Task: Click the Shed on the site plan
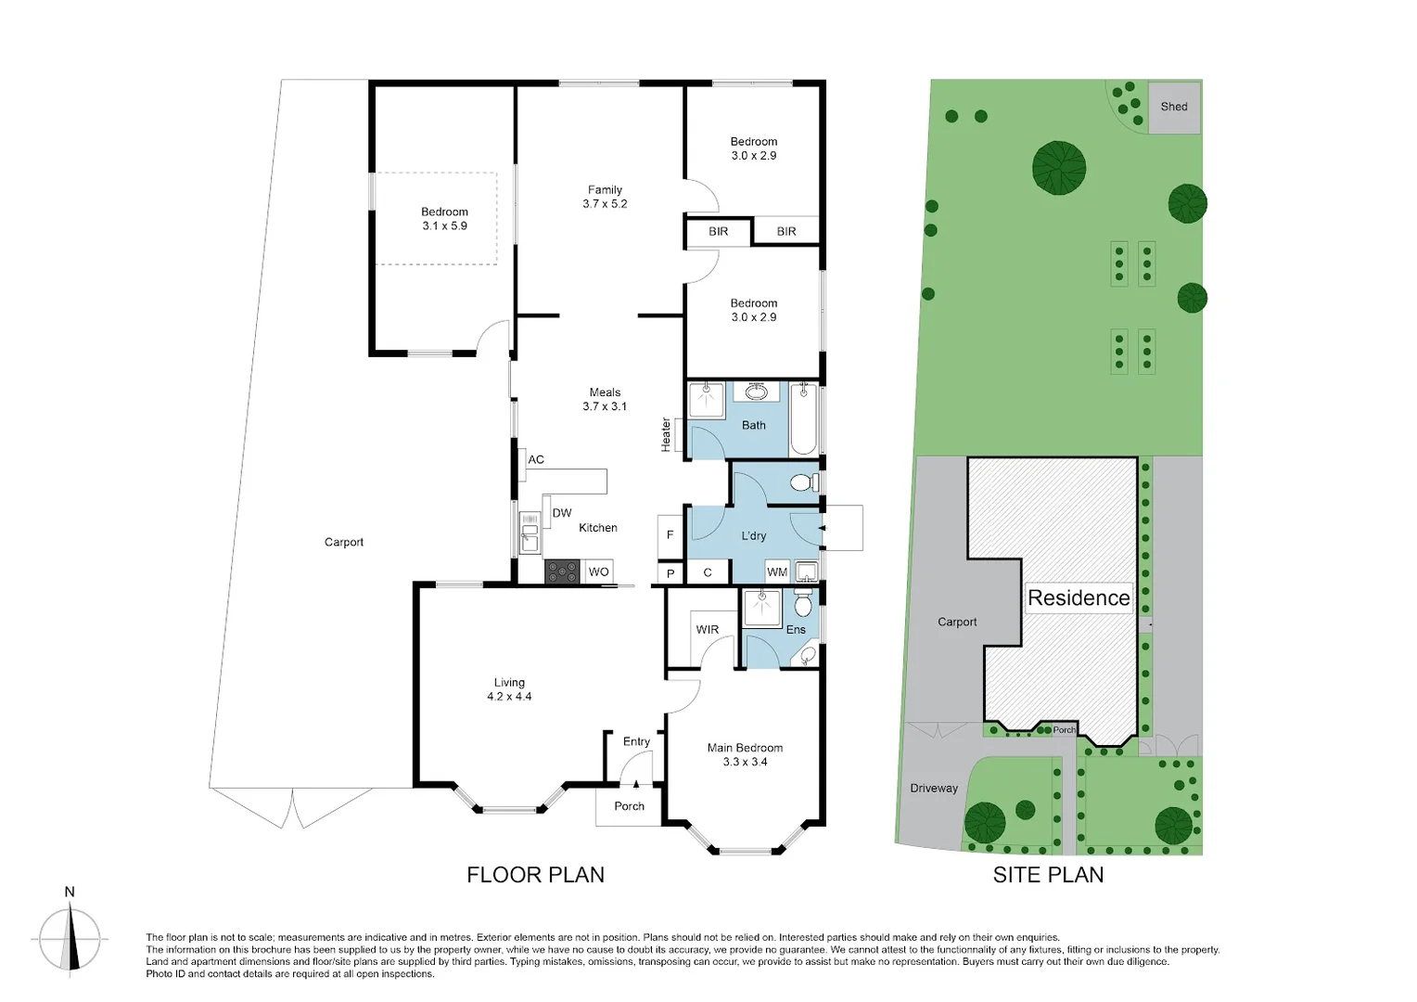pyautogui.click(x=1174, y=107)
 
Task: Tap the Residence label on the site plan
pyautogui.click(x=1079, y=598)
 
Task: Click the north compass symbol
pyautogui.click(x=70, y=937)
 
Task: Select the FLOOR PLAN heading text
pyautogui.click(x=535, y=875)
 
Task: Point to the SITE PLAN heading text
pyautogui.click(x=1048, y=875)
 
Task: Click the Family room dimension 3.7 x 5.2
pyautogui.click(x=605, y=204)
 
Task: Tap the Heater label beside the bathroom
pyautogui.click(x=666, y=435)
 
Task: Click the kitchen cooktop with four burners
pyautogui.click(x=562, y=572)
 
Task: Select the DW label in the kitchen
pyautogui.click(x=562, y=513)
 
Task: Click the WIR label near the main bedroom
pyautogui.click(x=708, y=629)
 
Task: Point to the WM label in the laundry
pyautogui.click(x=777, y=572)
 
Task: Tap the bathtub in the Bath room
pyautogui.click(x=803, y=421)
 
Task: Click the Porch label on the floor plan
pyautogui.click(x=629, y=806)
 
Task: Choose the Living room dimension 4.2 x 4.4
pyautogui.click(x=509, y=697)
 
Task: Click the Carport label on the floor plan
pyautogui.click(x=344, y=543)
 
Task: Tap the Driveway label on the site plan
pyautogui.click(x=934, y=789)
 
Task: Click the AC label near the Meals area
pyautogui.click(x=536, y=459)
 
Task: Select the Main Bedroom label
pyautogui.click(x=745, y=748)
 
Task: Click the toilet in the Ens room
pyautogui.click(x=803, y=607)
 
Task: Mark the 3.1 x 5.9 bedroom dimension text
pyautogui.click(x=444, y=226)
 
